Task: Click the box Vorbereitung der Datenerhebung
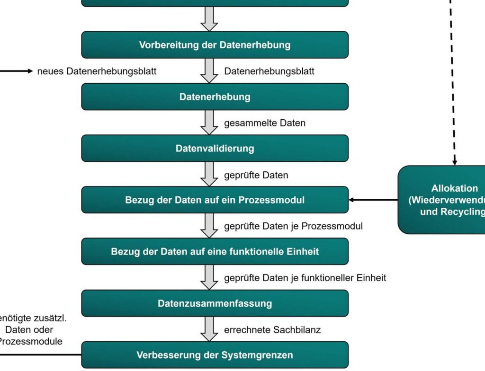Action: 215,45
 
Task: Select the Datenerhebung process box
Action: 215,97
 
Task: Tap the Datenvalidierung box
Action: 215,149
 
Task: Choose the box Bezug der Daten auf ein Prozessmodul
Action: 215,200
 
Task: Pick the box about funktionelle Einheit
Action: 215,251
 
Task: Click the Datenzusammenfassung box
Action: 215,303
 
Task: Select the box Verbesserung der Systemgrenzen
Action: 215,355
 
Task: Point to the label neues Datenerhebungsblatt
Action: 97,71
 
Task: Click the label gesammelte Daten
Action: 265,123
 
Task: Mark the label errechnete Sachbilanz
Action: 272,330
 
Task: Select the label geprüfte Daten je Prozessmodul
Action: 293,226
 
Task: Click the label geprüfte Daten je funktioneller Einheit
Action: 305,278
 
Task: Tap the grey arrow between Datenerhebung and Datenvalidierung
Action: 209,123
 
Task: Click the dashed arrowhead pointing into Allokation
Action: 455,162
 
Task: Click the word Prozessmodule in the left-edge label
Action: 30,341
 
